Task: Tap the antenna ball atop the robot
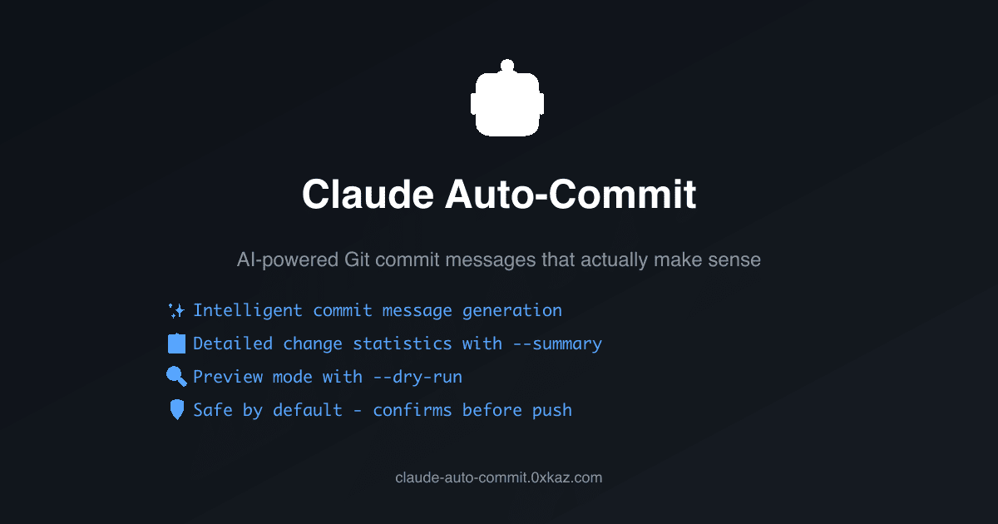507,65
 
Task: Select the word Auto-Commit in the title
571,195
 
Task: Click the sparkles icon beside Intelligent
176,310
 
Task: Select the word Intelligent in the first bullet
248,310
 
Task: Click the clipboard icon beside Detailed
176,344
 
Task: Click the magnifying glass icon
176,377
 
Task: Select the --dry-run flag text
417,377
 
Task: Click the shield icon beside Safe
176,410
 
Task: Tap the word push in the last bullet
552,410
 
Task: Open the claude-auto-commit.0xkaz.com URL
499,477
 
